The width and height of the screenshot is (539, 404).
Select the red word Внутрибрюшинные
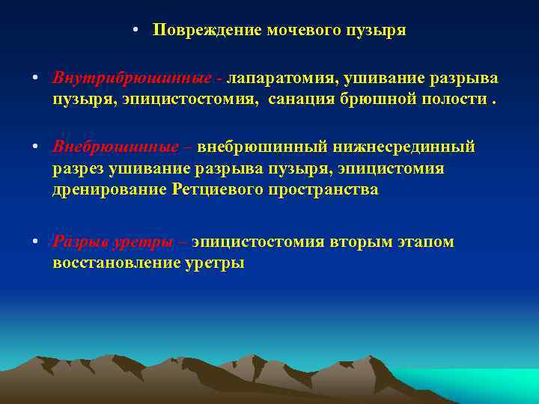click(131, 79)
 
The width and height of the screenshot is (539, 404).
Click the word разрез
click(80, 168)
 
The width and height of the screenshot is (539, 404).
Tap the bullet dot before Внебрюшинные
click(36, 147)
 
